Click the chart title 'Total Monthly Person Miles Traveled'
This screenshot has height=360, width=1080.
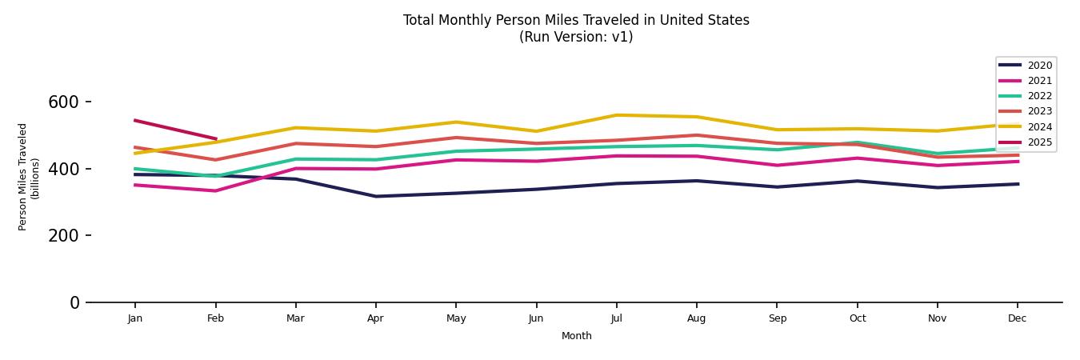click(x=576, y=20)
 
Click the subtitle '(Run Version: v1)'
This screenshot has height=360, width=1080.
click(x=576, y=37)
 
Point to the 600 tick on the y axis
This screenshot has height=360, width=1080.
click(x=64, y=102)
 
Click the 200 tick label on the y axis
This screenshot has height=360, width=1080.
click(x=64, y=236)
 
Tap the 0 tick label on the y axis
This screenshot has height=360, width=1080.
click(x=74, y=302)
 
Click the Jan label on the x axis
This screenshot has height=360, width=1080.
click(x=134, y=318)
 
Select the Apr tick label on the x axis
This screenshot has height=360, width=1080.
click(x=375, y=318)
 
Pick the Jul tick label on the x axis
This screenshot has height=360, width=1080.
click(x=616, y=318)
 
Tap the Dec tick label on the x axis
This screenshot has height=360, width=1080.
click(x=1017, y=318)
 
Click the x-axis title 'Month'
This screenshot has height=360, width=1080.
click(x=576, y=336)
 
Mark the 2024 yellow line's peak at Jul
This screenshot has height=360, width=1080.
click(x=616, y=115)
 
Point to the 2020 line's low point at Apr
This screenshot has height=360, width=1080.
click(x=375, y=196)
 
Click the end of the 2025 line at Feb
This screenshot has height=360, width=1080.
click(x=215, y=138)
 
